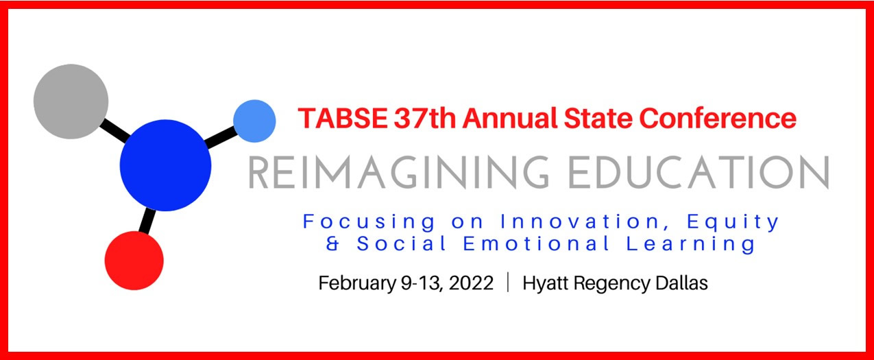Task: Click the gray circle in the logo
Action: [x=71, y=101]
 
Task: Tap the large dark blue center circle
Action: [x=165, y=165]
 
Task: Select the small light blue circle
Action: [x=254, y=121]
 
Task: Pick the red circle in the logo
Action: [x=134, y=261]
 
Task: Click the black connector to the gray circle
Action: [x=113, y=130]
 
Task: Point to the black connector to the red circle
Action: [x=147, y=220]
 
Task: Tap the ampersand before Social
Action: [x=332, y=243]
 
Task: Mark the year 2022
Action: [x=473, y=283]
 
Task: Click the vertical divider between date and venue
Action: [x=508, y=283]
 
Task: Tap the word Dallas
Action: [x=681, y=283]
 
